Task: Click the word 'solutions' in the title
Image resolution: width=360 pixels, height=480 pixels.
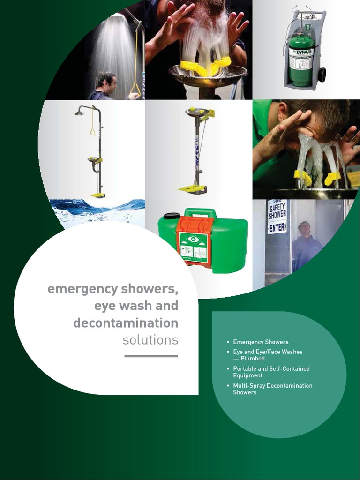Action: pos(150,340)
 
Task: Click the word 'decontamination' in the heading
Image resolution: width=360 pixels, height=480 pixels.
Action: pos(126,323)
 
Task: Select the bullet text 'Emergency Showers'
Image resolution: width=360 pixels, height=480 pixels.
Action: pos(261,342)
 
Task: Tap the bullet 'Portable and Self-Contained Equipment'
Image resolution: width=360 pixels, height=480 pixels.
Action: pos(271,372)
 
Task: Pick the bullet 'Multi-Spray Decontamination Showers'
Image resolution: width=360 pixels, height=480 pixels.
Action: pos(272,389)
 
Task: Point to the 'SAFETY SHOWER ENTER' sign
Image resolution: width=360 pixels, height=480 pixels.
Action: pos(277,216)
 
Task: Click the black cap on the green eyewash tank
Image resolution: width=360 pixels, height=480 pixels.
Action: pos(172,217)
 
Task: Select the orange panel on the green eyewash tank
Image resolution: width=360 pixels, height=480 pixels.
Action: pos(194,240)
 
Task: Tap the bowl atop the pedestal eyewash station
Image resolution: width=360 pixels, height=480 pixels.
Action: pos(197,112)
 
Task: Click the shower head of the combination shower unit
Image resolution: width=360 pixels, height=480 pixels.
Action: pos(79,112)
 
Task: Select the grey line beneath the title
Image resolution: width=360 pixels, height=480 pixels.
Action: pos(151,356)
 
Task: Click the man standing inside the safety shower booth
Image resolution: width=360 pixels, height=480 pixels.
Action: pos(306,246)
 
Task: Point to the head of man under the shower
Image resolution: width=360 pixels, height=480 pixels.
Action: pos(106,82)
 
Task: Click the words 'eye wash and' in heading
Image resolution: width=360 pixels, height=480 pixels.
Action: pos(136,306)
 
